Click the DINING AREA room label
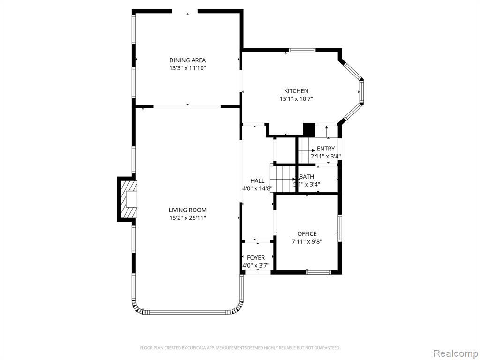click(x=187, y=60)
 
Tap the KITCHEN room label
click(x=296, y=91)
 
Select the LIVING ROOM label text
click(x=187, y=210)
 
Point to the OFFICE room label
click(x=307, y=234)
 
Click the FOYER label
click(x=255, y=258)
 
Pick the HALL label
click(x=257, y=181)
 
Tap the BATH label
click(x=307, y=177)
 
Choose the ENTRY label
click(x=326, y=149)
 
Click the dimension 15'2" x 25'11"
click(x=187, y=218)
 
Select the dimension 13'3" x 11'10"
click(x=187, y=68)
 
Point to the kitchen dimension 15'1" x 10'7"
click(x=296, y=99)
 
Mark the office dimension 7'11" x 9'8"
click(x=307, y=241)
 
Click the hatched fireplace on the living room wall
click(x=128, y=199)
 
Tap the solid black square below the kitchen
click(x=309, y=129)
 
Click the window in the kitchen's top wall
click(x=302, y=50)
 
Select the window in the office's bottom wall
click(x=319, y=271)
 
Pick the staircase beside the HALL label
click(x=283, y=179)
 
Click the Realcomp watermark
click(x=456, y=353)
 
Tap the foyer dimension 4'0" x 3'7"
click(x=255, y=266)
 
